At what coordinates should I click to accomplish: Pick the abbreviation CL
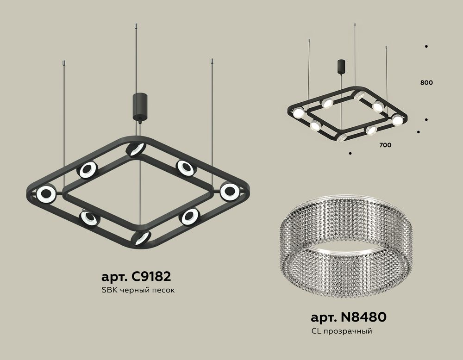[316, 331]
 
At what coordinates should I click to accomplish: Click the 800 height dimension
[426, 83]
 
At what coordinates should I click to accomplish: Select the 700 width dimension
[385, 145]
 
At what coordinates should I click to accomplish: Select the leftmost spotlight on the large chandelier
[46, 194]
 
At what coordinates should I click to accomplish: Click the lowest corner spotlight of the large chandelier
[141, 237]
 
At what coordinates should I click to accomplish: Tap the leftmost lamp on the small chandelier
[299, 112]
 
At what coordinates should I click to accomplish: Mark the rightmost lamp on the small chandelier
[397, 120]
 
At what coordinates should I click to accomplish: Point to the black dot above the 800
[425, 46]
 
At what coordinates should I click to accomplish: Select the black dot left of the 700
[350, 153]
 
